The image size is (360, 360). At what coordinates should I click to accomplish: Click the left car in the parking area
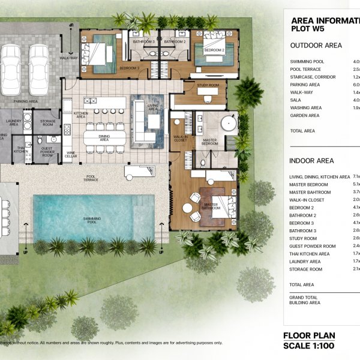(x=11, y=68)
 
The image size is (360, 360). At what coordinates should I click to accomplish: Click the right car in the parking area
(x=39, y=68)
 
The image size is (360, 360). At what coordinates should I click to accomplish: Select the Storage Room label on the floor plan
(x=48, y=122)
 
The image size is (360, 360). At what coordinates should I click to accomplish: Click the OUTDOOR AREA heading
(x=316, y=46)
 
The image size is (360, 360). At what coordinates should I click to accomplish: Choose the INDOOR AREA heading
(x=311, y=161)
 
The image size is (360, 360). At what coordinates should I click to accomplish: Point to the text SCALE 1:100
(x=310, y=346)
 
